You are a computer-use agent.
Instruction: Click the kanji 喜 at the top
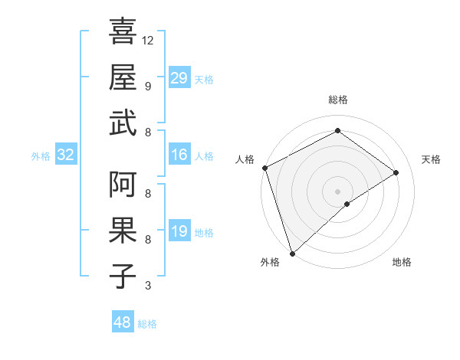coord(123,33)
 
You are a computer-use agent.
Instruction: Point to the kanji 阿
coord(123,185)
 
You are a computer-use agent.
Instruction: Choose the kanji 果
coord(123,231)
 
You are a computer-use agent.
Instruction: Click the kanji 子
coord(123,276)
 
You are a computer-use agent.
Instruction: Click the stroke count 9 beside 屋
coord(148,86)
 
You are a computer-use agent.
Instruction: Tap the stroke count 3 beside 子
coord(148,286)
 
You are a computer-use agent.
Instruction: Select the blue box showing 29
coord(179,77)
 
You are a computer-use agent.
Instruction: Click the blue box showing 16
coord(179,155)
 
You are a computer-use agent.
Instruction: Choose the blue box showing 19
coord(179,231)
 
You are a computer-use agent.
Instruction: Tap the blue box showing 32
coord(65,155)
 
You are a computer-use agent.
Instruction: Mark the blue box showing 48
coord(123,322)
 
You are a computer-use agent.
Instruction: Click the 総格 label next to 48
coord(147,324)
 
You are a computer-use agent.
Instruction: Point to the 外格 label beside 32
coord(41,156)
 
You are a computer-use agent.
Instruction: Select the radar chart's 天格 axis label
coord(431,159)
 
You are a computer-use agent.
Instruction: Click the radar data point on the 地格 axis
coord(347,204)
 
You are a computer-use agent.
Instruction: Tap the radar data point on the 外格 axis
coord(291,253)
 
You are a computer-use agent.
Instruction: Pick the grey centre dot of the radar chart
coord(337,190)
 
